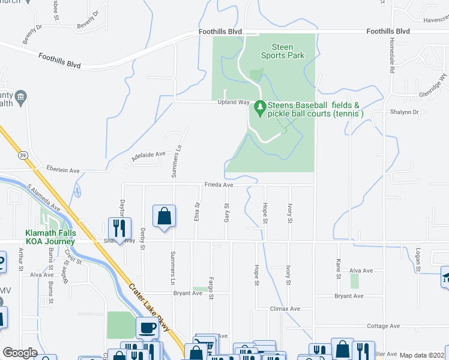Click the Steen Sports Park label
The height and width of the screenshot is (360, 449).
(x=282, y=51)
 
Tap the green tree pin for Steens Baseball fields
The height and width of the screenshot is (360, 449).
(x=260, y=108)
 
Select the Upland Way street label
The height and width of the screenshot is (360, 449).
(x=233, y=103)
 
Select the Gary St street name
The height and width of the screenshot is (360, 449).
(x=227, y=214)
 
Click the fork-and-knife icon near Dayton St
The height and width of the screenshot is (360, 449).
(x=118, y=227)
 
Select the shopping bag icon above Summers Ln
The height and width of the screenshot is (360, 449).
(x=164, y=216)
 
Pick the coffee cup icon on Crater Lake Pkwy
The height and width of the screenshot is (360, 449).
(x=148, y=328)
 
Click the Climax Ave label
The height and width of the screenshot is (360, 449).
(x=285, y=309)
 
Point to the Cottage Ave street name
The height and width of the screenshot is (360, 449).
(x=383, y=326)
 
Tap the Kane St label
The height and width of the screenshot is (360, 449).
(x=339, y=269)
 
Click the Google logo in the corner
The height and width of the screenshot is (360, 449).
(x=20, y=353)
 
